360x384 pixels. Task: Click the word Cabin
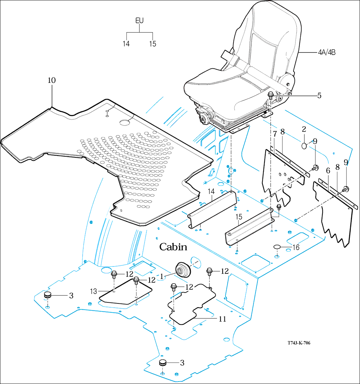[x=173, y=247]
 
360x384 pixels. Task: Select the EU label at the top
[x=139, y=21]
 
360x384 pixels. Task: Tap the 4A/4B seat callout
[x=327, y=53]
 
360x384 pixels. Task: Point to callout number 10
[x=52, y=80]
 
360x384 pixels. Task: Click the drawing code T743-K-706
[x=294, y=343]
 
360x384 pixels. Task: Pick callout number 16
[x=296, y=248]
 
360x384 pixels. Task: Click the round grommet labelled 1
[x=183, y=270]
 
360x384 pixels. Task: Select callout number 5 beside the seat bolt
[x=319, y=96]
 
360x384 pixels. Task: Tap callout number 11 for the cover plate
[x=222, y=319]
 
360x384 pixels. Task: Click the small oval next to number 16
[x=277, y=247]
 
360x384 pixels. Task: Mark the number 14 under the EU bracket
[x=126, y=44]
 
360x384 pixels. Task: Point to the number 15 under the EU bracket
[x=153, y=44]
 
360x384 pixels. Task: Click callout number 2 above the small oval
[x=304, y=129]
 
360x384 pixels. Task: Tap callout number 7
[x=275, y=133]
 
